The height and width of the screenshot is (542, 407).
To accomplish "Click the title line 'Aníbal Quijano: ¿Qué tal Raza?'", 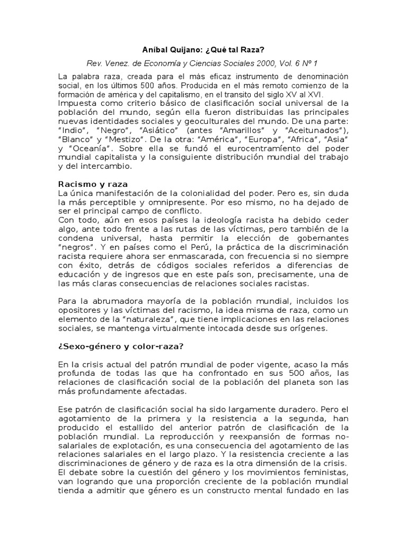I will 203,49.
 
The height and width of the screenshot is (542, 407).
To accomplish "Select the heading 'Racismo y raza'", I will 93,184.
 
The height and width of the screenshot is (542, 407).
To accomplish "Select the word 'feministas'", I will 324,472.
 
